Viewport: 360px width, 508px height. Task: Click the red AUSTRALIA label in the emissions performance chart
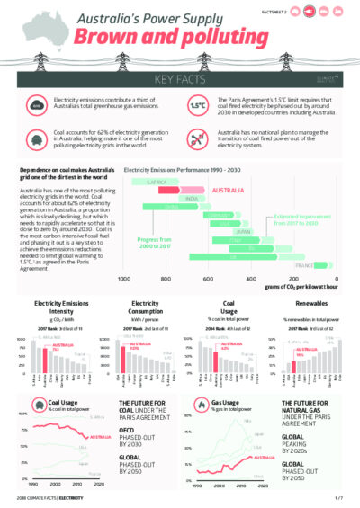[229, 191]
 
